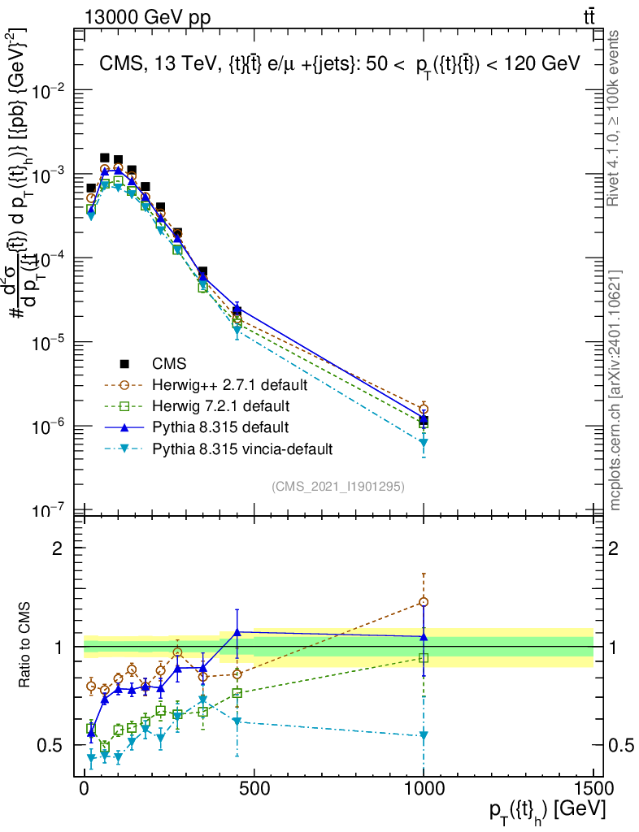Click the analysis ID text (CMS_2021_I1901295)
click(338, 486)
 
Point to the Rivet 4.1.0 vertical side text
click(615, 118)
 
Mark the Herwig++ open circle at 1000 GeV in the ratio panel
click(424, 602)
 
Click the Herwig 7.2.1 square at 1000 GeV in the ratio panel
click(424, 657)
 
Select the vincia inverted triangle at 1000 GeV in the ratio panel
click(424, 735)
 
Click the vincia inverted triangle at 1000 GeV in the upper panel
click(424, 443)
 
